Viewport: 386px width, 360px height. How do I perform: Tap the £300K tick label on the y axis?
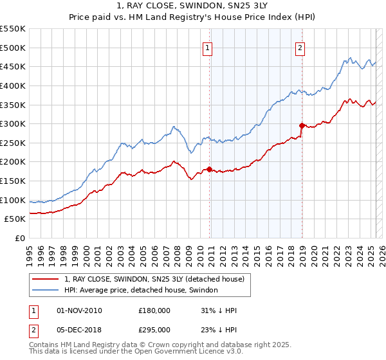[13, 123]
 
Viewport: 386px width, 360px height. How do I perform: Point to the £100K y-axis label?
[13, 200]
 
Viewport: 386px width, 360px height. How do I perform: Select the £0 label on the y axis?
[19, 238]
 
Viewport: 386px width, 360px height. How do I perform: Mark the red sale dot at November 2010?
[210, 169]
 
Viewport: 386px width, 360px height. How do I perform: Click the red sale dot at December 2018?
[302, 125]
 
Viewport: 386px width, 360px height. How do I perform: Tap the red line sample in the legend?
[45, 280]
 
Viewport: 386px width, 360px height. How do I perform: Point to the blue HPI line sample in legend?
[45, 291]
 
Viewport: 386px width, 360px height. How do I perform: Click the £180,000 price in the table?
[154, 310]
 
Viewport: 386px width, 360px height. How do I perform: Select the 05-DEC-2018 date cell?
[79, 329]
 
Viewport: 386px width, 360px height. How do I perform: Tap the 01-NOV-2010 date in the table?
[79, 310]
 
